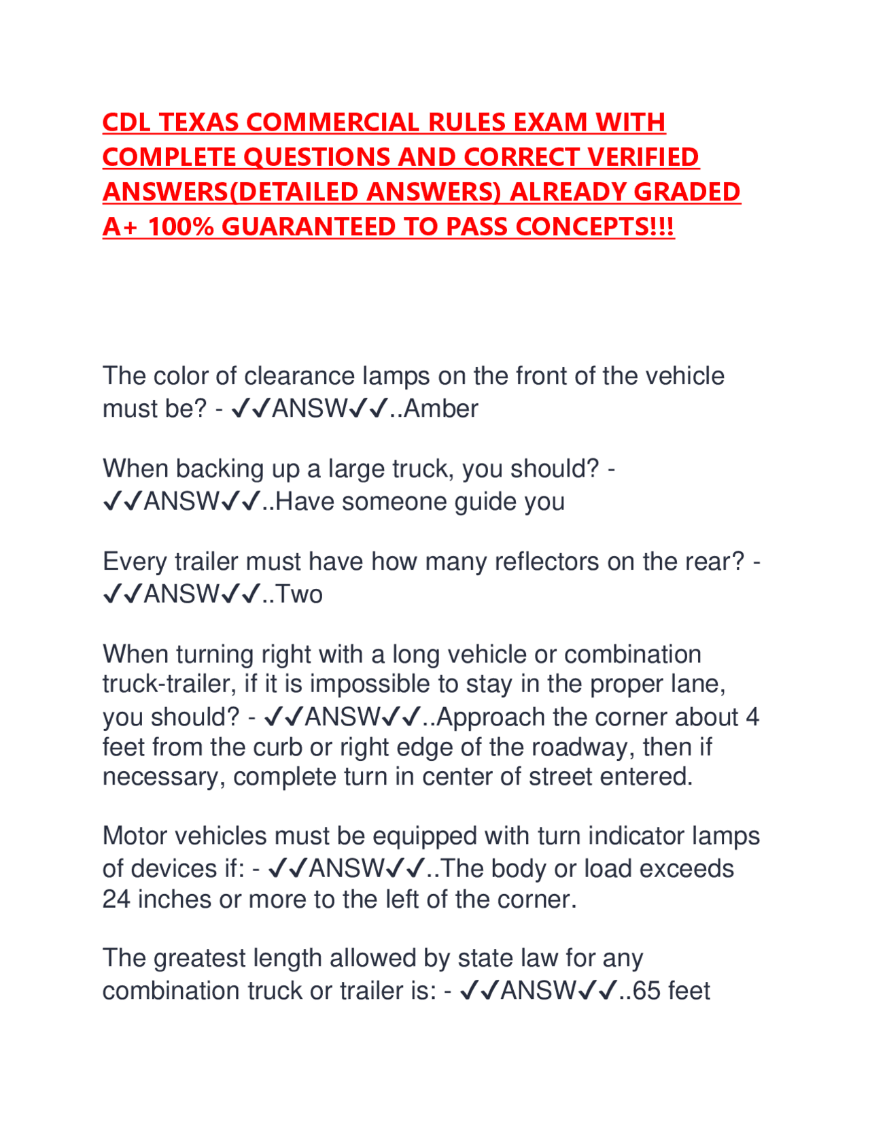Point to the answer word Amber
point(441,409)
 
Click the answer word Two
point(299,594)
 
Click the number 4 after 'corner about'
point(752,717)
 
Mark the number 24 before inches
point(116,900)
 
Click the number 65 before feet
point(646,991)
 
